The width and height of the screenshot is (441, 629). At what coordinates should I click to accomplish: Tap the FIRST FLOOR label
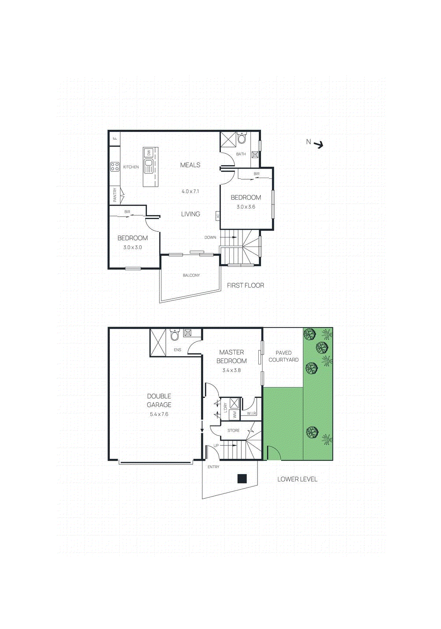(245, 285)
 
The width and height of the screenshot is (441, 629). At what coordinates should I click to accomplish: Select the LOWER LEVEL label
(297, 479)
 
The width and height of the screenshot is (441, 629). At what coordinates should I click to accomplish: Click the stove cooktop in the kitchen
(115, 167)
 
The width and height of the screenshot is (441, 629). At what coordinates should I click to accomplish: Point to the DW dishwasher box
(149, 153)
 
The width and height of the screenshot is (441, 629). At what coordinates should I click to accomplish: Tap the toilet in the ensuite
(174, 335)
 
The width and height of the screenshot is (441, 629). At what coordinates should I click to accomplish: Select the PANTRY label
(115, 195)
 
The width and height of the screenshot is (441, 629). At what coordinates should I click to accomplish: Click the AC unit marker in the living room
(217, 216)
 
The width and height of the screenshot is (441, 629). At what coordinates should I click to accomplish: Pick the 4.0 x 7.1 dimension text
(190, 191)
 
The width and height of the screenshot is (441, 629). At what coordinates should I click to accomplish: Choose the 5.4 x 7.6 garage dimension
(159, 414)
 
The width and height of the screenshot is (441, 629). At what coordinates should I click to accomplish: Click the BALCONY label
(191, 275)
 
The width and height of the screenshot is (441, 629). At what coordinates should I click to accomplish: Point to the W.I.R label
(252, 413)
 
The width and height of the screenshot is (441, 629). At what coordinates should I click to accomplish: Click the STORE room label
(233, 430)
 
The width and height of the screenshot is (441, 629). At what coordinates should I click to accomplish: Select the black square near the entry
(242, 478)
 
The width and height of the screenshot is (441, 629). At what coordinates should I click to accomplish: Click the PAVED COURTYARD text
(283, 356)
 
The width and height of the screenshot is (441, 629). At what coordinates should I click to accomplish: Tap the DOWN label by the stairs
(210, 237)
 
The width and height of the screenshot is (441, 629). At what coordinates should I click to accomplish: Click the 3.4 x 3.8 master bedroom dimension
(232, 370)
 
